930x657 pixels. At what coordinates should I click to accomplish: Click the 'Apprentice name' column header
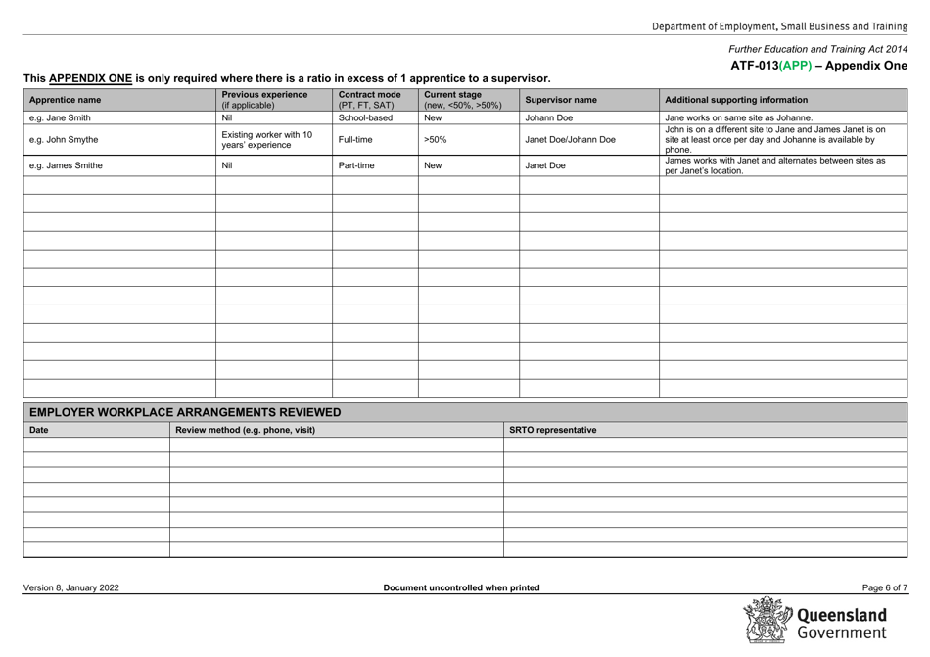65,100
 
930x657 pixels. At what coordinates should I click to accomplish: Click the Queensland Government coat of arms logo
770,623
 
